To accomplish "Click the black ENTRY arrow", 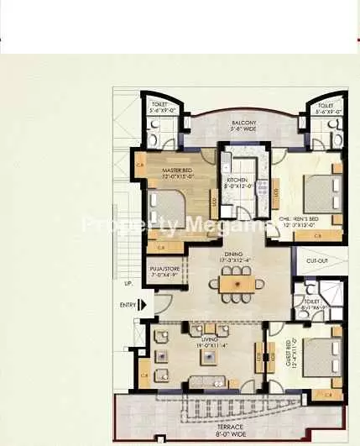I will pyautogui.click(x=144, y=305).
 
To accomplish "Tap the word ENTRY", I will pyautogui.click(x=128, y=305).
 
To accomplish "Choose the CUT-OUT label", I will pyautogui.click(x=316, y=261).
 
